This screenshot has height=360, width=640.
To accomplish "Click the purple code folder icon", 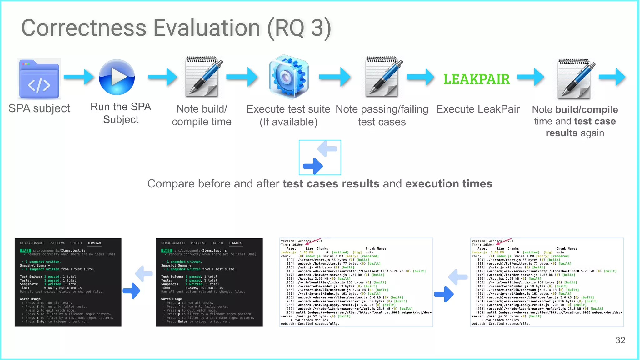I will pyautogui.click(x=39, y=79).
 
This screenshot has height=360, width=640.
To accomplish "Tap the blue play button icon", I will pyautogui.click(x=117, y=77).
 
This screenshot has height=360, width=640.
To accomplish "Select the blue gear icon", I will pyautogui.click(x=289, y=77).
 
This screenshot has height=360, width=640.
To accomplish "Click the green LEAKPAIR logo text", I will pyautogui.click(x=477, y=79).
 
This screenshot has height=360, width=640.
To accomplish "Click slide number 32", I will pyautogui.click(x=620, y=340).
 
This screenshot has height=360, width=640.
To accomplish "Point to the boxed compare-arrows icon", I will pyautogui.click(x=320, y=157).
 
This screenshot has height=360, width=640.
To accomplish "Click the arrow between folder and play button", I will pyautogui.click(x=79, y=77).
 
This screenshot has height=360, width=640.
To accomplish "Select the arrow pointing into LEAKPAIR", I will pyautogui.click(x=420, y=77).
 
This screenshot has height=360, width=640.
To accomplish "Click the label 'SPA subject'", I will pyautogui.click(x=39, y=108).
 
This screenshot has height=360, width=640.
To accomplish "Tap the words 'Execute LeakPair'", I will pyautogui.click(x=478, y=109).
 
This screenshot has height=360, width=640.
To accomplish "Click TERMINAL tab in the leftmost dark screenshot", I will pyautogui.click(x=94, y=243).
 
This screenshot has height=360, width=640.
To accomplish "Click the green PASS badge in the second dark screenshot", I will pyautogui.click(x=167, y=251).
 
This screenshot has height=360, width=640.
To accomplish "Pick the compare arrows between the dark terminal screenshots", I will pyautogui.click(x=138, y=282).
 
